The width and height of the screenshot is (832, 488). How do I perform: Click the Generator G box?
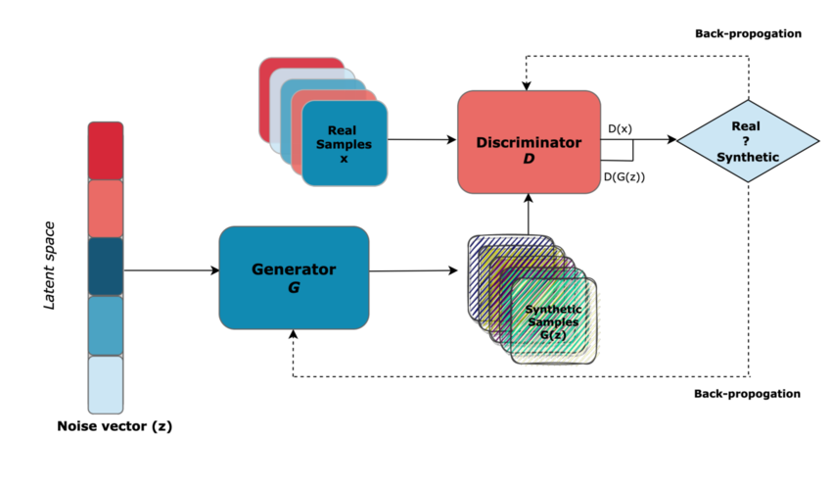(294, 277)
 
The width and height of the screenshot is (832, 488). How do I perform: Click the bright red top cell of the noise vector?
(106, 150)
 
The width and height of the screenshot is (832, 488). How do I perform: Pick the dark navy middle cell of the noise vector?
(106, 267)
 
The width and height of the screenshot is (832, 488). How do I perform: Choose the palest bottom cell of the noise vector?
(106, 384)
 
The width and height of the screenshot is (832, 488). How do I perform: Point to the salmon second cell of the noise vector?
(106, 208)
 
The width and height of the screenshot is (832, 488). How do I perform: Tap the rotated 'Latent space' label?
(50, 265)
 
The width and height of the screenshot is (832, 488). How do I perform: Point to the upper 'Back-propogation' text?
(748, 33)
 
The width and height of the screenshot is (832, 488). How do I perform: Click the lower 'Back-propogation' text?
(748, 394)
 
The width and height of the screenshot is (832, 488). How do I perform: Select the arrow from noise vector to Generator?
(171, 270)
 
